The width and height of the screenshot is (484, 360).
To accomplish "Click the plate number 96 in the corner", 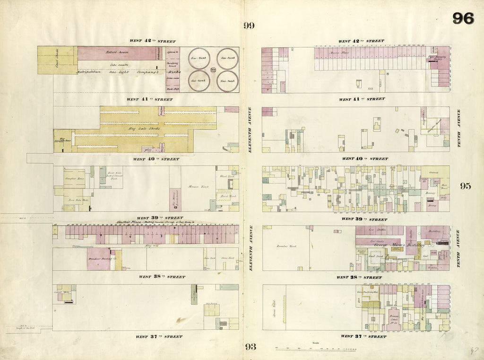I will coord(463,18).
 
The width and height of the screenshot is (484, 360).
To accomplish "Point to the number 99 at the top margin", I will coord(249,26).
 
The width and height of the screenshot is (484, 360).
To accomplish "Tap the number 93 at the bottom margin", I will coord(250,347).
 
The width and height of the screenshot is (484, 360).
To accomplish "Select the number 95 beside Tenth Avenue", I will coord(466,186).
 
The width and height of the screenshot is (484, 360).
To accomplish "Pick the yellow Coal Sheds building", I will coord(56,60).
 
